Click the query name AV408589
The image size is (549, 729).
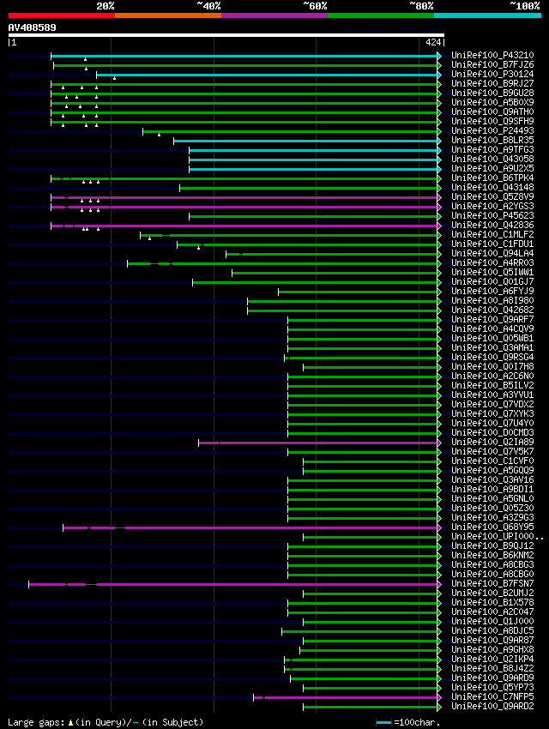tap(33, 27)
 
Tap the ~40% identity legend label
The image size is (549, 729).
tap(208, 5)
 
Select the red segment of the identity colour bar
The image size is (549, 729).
tap(61, 15)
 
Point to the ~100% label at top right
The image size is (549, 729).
tap(524, 5)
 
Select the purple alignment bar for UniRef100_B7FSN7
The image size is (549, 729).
tap(257, 584)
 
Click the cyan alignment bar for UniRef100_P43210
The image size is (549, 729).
tap(257, 56)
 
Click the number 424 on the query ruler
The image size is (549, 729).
tap(432, 42)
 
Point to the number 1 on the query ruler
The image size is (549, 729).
tap(13, 42)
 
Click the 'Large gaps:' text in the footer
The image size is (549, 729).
tap(34, 722)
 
